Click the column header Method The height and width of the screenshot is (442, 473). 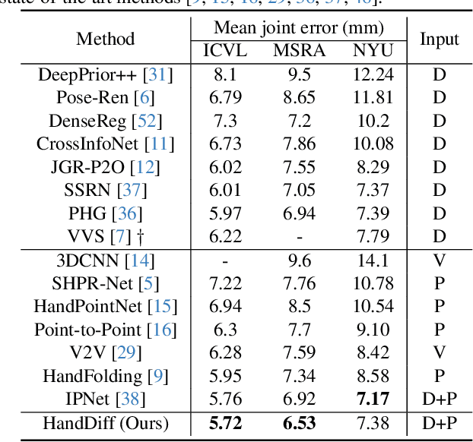[106, 39]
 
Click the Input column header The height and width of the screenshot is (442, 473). [440, 39]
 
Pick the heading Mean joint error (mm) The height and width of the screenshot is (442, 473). [299, 28]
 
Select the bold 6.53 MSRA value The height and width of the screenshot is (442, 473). [297, 423]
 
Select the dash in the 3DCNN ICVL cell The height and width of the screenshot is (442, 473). [224, 260]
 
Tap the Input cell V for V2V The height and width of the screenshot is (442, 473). [440, 353]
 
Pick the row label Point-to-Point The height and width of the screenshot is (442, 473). [88, 330]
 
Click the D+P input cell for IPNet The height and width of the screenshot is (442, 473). [440, 399]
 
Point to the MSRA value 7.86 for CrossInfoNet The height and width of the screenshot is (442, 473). [297, 144]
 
